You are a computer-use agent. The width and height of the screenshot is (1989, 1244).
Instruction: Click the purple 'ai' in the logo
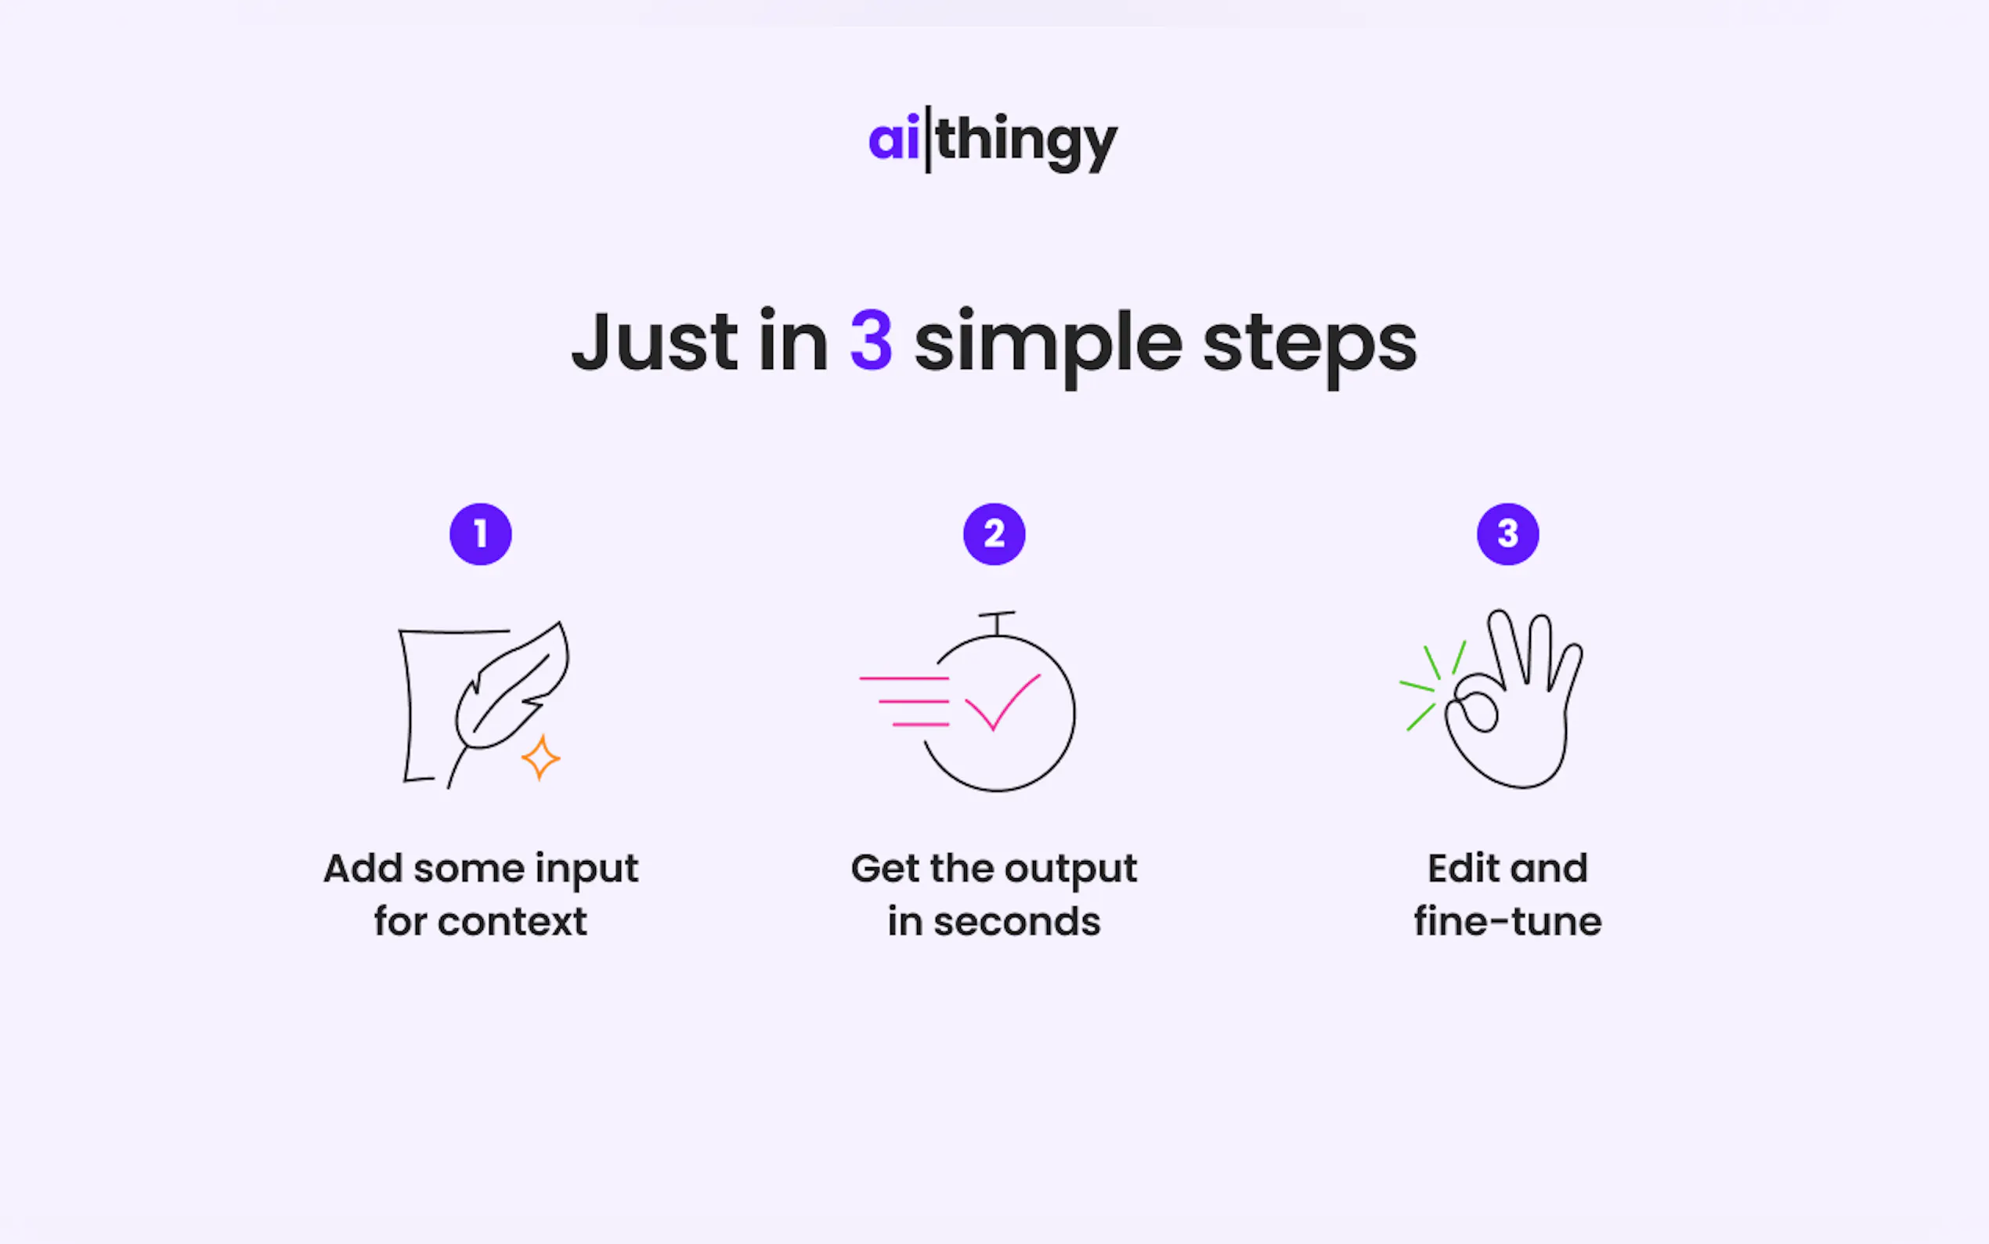point(893,140)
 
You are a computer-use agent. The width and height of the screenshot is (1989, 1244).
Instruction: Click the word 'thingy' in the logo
point(1026,142)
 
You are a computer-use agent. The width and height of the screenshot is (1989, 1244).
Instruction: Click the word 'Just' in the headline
point(655,342)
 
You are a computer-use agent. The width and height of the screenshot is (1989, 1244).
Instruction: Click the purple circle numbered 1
point(481,534)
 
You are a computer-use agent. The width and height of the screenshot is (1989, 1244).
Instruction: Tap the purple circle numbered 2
point(994,534)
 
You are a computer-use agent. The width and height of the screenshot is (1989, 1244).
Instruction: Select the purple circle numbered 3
point(1507,534)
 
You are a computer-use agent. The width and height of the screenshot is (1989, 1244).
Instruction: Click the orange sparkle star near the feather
point(541,758)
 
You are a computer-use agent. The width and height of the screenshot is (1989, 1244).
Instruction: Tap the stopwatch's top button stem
point(997,623)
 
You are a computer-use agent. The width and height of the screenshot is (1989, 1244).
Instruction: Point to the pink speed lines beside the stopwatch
point(904,701)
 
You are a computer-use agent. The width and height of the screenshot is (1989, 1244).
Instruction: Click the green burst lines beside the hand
point(1427,687)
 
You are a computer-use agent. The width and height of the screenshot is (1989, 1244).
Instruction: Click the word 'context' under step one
point(512,921)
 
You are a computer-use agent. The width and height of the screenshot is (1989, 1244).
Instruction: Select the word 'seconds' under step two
point(1016,921)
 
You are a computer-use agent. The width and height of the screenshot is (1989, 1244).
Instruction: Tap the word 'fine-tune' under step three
point(1507,921)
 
